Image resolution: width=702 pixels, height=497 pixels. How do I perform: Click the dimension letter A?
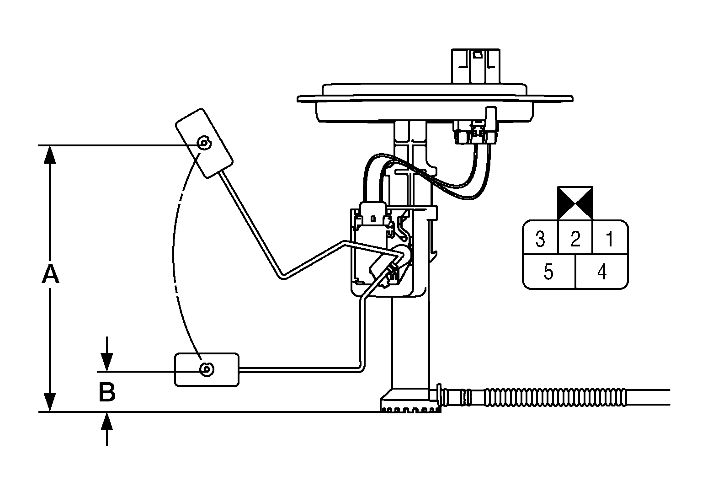point(50,274)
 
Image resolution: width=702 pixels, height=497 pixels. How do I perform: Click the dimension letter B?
point(107,392)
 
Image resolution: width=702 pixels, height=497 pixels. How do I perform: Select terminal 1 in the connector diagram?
point(610,239)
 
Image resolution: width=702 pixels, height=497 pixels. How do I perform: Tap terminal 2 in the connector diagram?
point(575,239)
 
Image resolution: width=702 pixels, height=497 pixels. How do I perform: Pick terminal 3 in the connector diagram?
point(540,239)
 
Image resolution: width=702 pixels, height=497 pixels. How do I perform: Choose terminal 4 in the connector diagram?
point(602,272)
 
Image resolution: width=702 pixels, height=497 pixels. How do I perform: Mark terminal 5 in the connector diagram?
point(549,272)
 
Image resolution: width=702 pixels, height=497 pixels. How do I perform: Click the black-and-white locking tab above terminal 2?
point(575,203)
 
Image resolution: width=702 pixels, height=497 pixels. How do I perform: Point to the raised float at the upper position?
point(204,143)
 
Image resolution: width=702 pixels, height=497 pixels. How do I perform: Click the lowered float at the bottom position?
point(207,369)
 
